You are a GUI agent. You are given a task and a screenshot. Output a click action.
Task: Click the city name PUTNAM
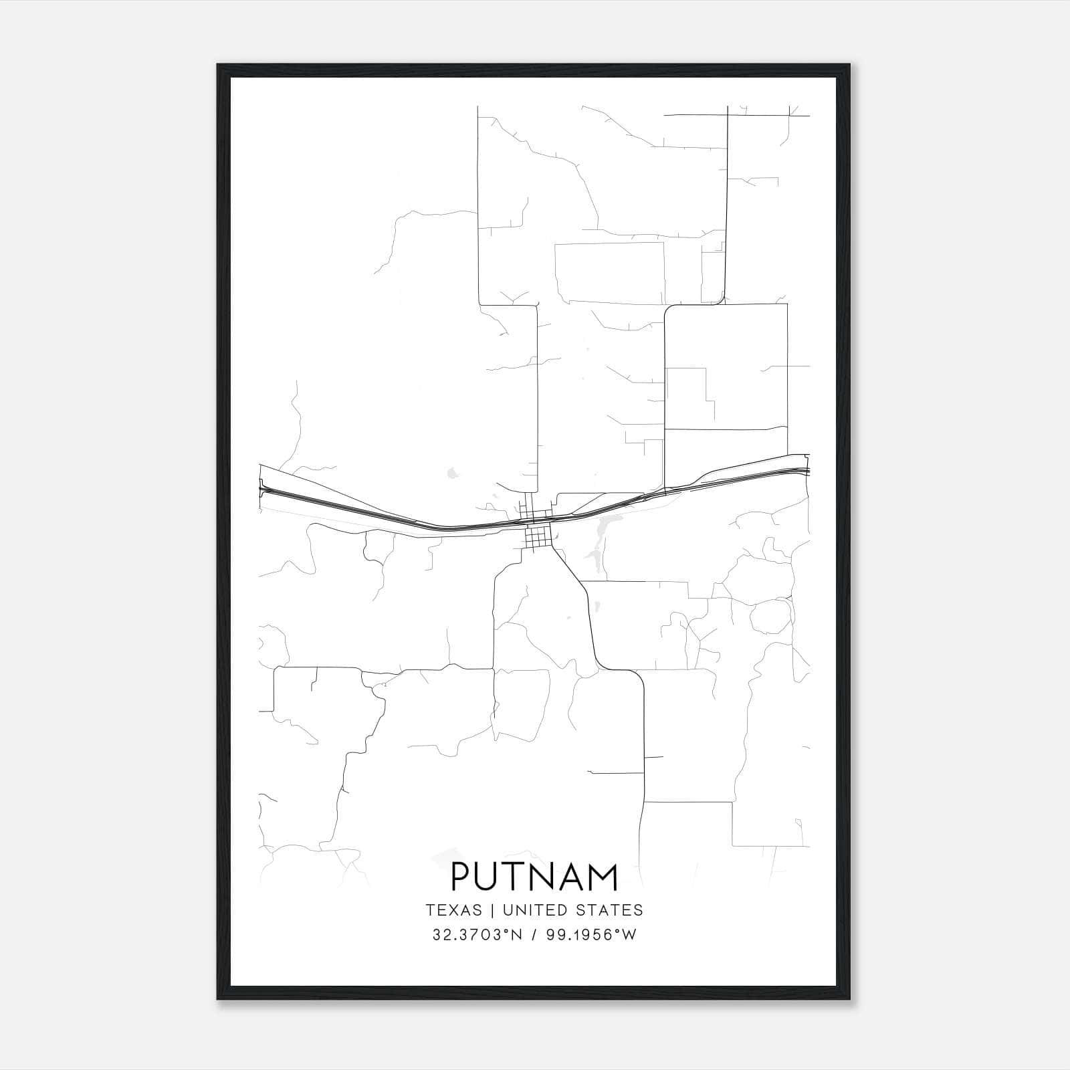534,877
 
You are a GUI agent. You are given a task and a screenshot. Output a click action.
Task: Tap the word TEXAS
453,910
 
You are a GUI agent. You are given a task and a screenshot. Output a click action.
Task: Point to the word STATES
610,910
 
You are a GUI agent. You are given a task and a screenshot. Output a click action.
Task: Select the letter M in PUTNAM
603,877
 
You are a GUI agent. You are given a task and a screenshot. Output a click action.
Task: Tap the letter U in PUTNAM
488,877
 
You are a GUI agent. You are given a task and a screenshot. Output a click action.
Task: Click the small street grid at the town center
538,534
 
